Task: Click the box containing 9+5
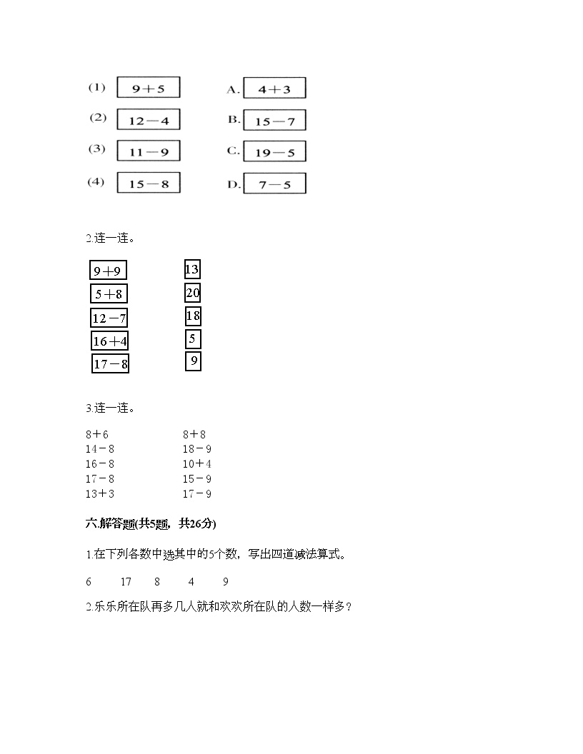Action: click(x=148, y=88)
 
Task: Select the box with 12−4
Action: click(x=148, y=120)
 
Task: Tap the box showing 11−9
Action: click(x=148, y=151)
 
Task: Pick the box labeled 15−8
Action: click(x=148, y=183)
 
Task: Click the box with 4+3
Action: click(x=274, y=89)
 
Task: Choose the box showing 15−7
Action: click(x=274, y=121)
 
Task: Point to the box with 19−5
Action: click(x=274, y=151)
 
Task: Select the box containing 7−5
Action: click(x=274, y=184)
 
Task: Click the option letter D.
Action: click(x=234, y=185)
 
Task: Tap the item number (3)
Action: click(x=96, y=149)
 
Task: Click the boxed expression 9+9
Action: click(x=109, y=271)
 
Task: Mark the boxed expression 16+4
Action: click(x=109, y=341)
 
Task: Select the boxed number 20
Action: click(x=192, y=293)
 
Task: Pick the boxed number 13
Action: click(x=191, y=269)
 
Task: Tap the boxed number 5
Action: click(x=192, y=339)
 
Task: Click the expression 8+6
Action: click(x=96, y=434)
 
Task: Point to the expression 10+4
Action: click(x=196, y=464)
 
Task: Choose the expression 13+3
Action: click(x=99, y=494)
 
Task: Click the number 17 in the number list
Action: click(x=126, y=582)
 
